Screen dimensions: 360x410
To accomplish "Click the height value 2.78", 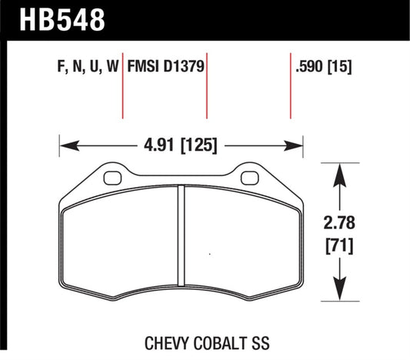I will (x=340, y=225).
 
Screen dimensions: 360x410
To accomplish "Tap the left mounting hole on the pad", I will (x=112, y=178).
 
